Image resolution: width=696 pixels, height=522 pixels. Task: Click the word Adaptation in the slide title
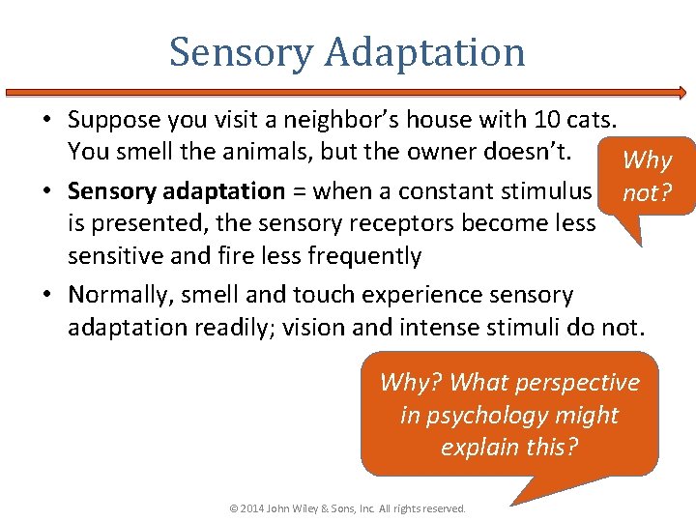pyautogui.click(x=425, y=52)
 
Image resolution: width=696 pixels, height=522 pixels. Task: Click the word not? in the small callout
pyautogui.click(x=646, y=193)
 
